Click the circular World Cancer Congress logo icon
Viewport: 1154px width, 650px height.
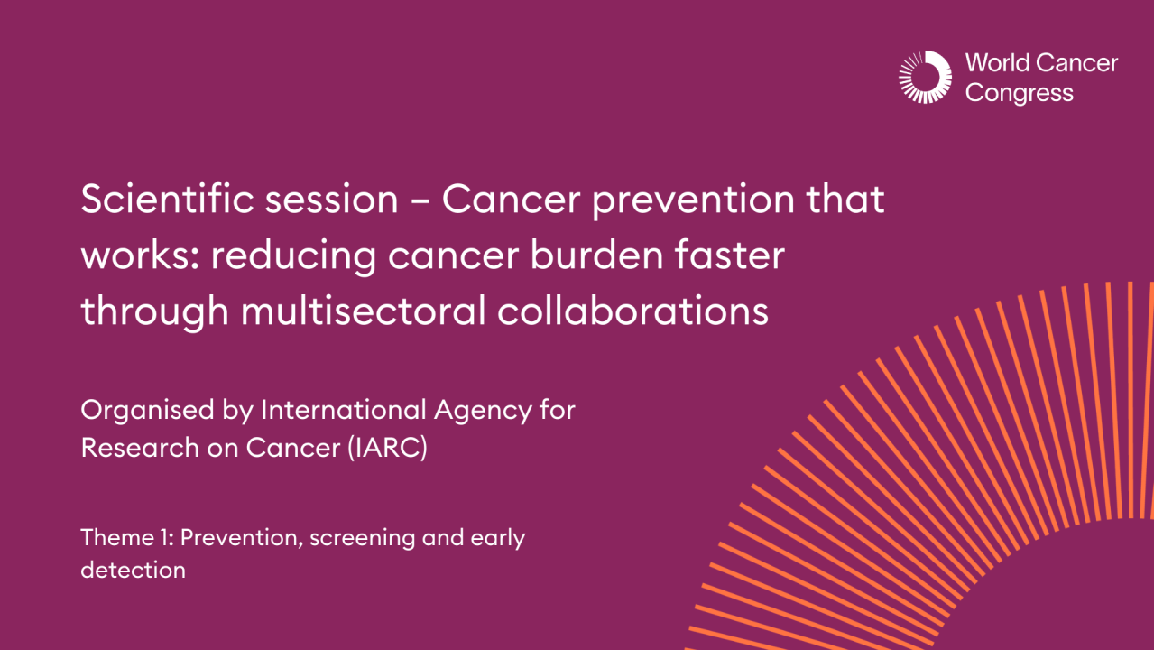pos(925,77)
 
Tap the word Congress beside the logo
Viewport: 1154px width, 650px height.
pos(1019,93)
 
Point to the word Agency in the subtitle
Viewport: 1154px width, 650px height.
pos(483,412)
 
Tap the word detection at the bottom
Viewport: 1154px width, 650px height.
pos(133,571)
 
